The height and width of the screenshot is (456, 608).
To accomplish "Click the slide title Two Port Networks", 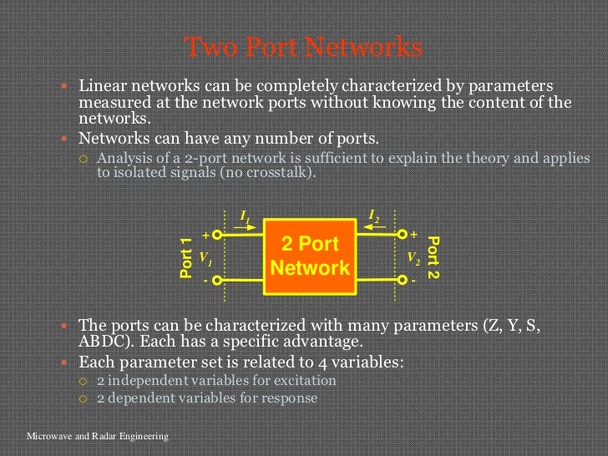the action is [x=303, y=48].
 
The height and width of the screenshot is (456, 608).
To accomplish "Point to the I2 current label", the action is [x=374, y=217].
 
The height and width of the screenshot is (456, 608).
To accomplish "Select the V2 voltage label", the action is [x=413, y=259].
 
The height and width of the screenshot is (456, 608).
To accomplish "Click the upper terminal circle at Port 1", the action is [x=216, y=235].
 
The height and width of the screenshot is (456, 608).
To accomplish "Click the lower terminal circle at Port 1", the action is [x=216, y=281].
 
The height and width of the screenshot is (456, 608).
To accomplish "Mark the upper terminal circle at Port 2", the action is [x=403, y=235].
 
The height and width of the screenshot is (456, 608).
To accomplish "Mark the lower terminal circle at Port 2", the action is [x=403, y=281].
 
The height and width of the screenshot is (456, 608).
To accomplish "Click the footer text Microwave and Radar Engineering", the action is [x=98, y=436].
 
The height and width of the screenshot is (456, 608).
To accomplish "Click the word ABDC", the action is [x=104, y=342].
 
